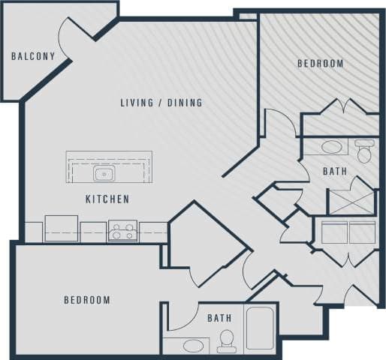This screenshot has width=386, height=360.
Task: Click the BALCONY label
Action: click(33, 56)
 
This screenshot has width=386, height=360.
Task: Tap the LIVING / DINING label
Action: click(161, 103)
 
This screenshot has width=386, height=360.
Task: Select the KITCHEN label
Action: click(107, 199)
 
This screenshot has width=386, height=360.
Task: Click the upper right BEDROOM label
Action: click(321, 64)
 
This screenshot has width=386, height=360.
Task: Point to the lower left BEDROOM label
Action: click(86, 300)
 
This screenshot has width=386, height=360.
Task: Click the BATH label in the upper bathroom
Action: click(335, 172)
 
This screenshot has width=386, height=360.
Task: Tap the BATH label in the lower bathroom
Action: click(219, 318)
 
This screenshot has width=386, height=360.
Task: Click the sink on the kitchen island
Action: click(104, 175)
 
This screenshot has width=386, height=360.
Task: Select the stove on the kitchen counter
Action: click(122, 231)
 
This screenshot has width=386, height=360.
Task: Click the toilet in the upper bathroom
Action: click(365, 151)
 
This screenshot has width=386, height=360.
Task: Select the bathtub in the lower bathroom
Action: click(261, 328)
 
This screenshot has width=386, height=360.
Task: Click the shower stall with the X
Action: click(351, 201)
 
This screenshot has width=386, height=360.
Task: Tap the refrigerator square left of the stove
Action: click(61, 228)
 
